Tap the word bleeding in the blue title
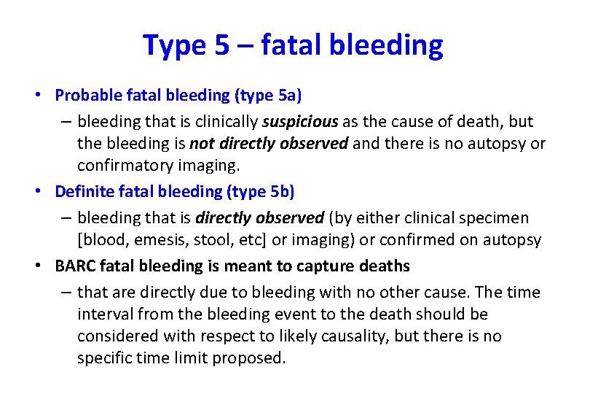click(386, 45)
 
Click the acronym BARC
click(73, 266)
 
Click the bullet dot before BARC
click(45, 266)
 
